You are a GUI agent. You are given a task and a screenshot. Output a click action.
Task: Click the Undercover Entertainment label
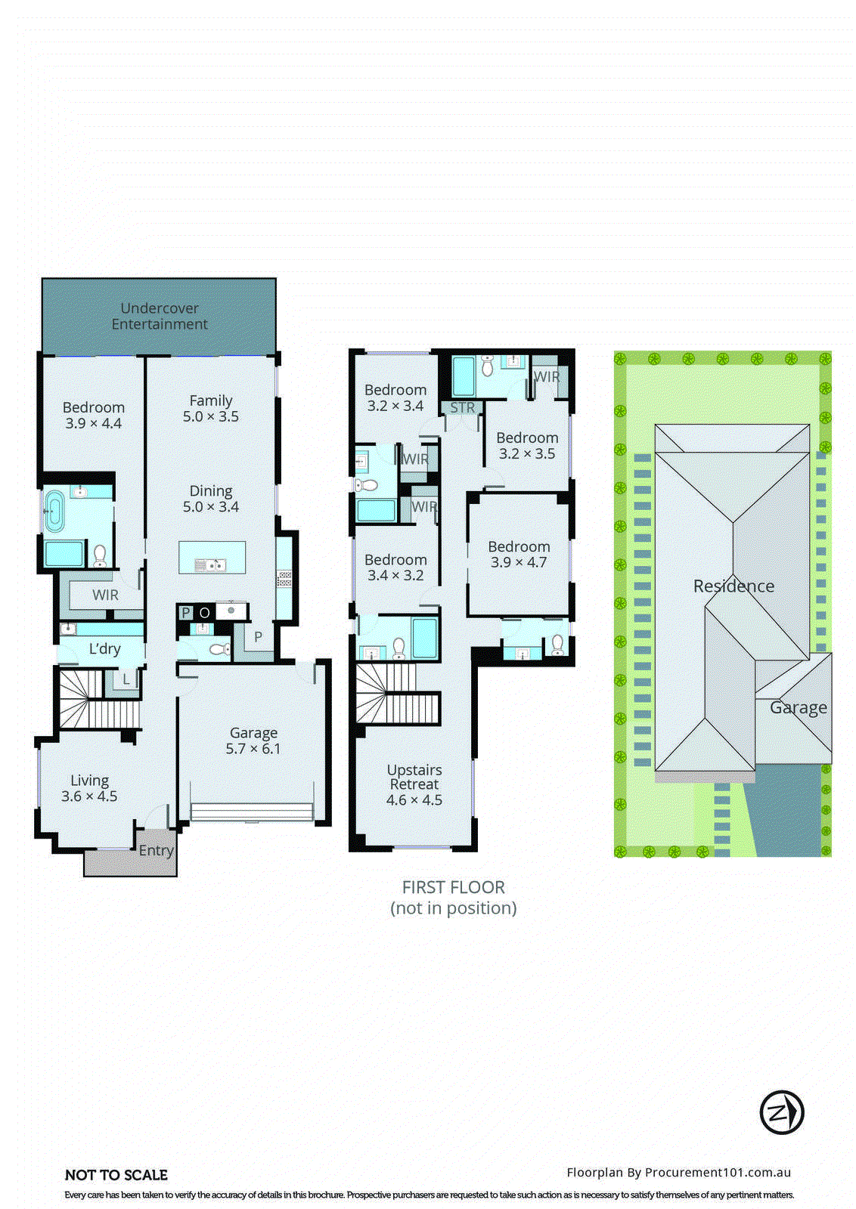tap(160, 316)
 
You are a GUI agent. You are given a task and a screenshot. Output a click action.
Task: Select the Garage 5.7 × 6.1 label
tap(253, 741)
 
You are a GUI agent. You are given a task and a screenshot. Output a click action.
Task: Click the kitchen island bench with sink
tap(212, 558)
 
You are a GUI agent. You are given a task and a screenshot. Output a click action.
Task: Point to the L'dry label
tap(104, 648)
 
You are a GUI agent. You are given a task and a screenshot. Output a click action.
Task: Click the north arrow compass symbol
tap(781, 1112)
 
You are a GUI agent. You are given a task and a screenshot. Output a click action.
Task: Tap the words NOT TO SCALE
tap(116, 1175)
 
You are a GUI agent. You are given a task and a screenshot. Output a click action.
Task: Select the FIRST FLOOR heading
tap(453, 888)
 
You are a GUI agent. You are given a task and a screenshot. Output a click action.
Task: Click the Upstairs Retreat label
tap(414, 784)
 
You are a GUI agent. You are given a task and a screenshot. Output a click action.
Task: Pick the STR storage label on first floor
tap(463, 408)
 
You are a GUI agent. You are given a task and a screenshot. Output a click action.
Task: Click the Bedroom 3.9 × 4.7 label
tap(518, 554)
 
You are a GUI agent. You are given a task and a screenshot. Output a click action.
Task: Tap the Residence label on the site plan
tap(733, 586)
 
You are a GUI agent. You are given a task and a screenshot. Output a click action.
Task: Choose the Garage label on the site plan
tap(798, 708)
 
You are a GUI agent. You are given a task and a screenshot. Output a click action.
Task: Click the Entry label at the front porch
tap(156, 851)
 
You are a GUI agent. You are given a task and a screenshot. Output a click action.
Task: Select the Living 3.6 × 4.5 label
tap(89, 788)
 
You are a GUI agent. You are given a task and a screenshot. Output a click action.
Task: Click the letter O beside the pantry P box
tap(204, 613)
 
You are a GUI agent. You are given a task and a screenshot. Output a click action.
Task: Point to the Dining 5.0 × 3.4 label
tap(211, 499)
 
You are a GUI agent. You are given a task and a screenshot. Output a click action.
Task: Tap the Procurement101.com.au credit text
tap(678, 1173)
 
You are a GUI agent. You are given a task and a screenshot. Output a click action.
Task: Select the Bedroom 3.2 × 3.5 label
tap(527, 445)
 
